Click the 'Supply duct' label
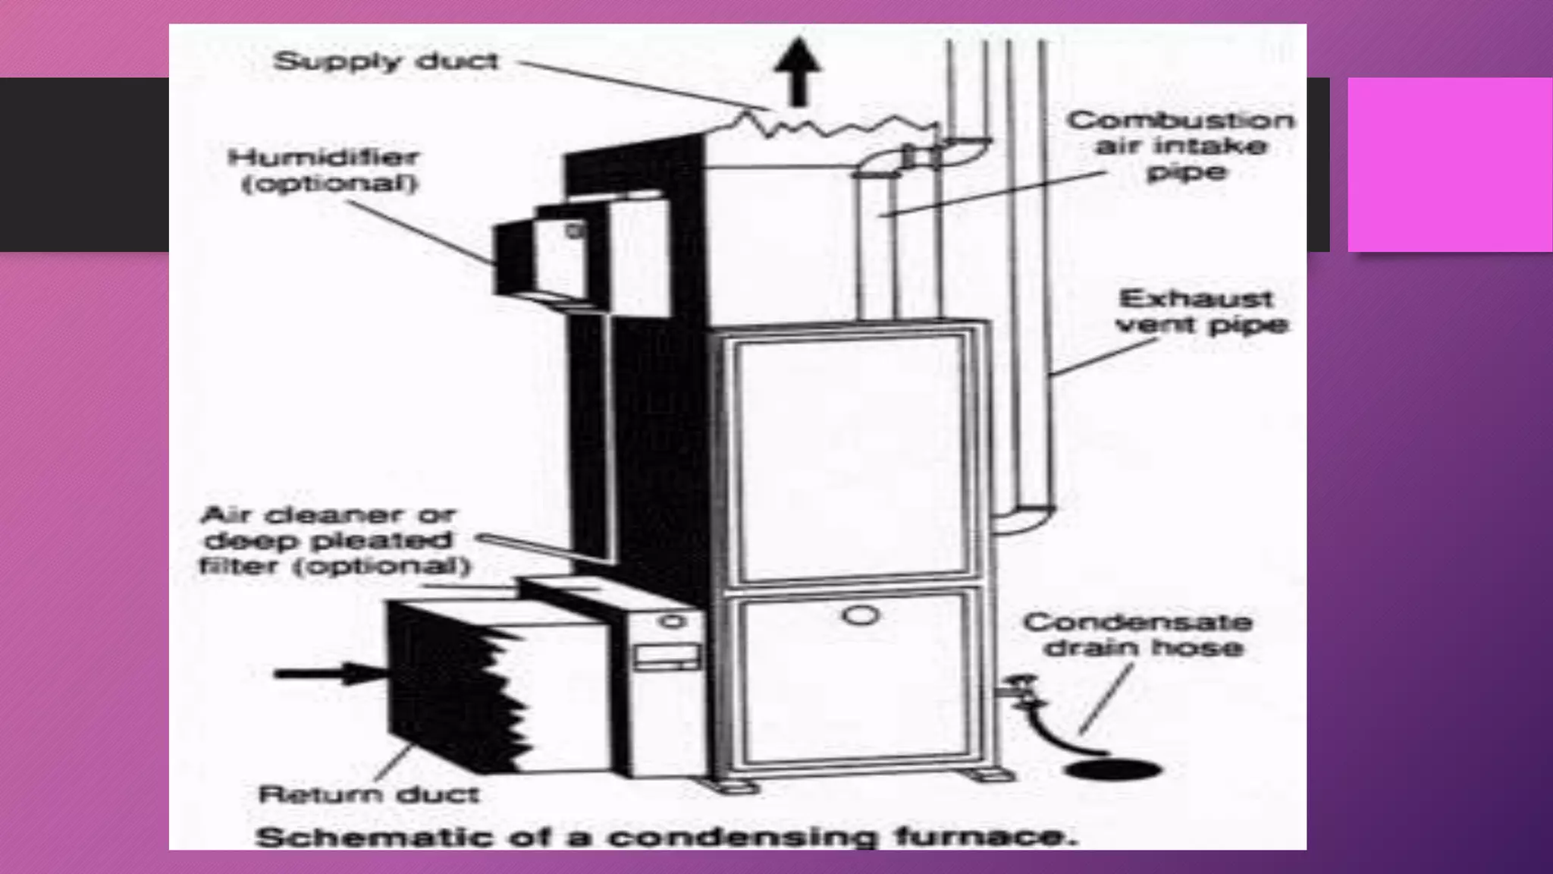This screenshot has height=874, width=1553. (385, 61)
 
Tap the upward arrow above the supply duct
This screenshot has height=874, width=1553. (796, 73)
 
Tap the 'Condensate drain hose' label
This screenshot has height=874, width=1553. (1137, 634)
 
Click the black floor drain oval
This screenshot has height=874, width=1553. (1112, 769)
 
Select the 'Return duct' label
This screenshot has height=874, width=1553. (369, 794)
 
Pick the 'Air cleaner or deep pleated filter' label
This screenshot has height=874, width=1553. (334, 540)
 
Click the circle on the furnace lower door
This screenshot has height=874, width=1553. (860, 615)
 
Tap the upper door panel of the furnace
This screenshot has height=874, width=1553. (849, 455)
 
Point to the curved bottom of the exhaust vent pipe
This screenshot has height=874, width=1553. (1024, 520)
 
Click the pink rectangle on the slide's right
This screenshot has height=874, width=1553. (1449, 164)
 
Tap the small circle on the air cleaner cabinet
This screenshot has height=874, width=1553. (670, 621)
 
